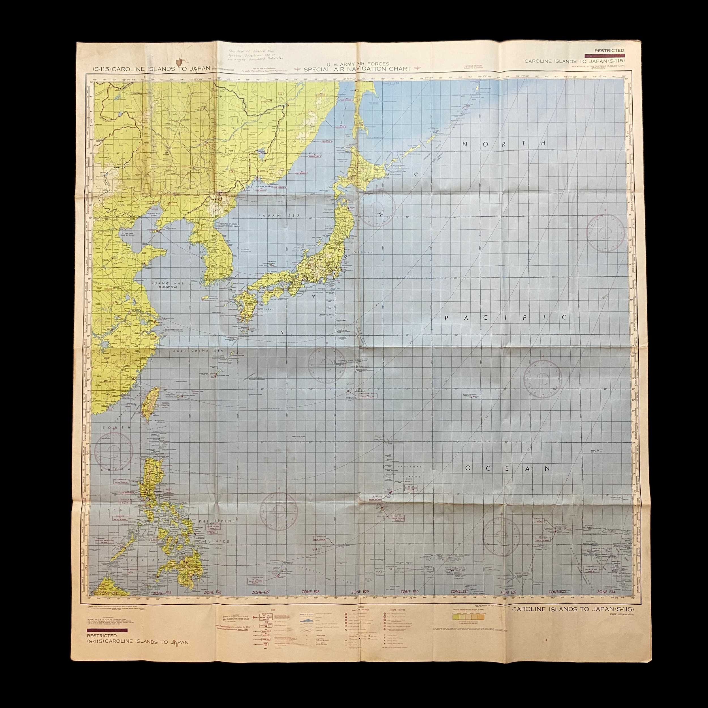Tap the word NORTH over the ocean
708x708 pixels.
click(x=505, y=144)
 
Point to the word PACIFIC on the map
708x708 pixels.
click(x=506, y=318)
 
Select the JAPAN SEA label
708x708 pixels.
click(x=268, y=216)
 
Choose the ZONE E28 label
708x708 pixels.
click(x=310, y=602)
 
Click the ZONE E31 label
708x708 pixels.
click(x=460, y=602)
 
